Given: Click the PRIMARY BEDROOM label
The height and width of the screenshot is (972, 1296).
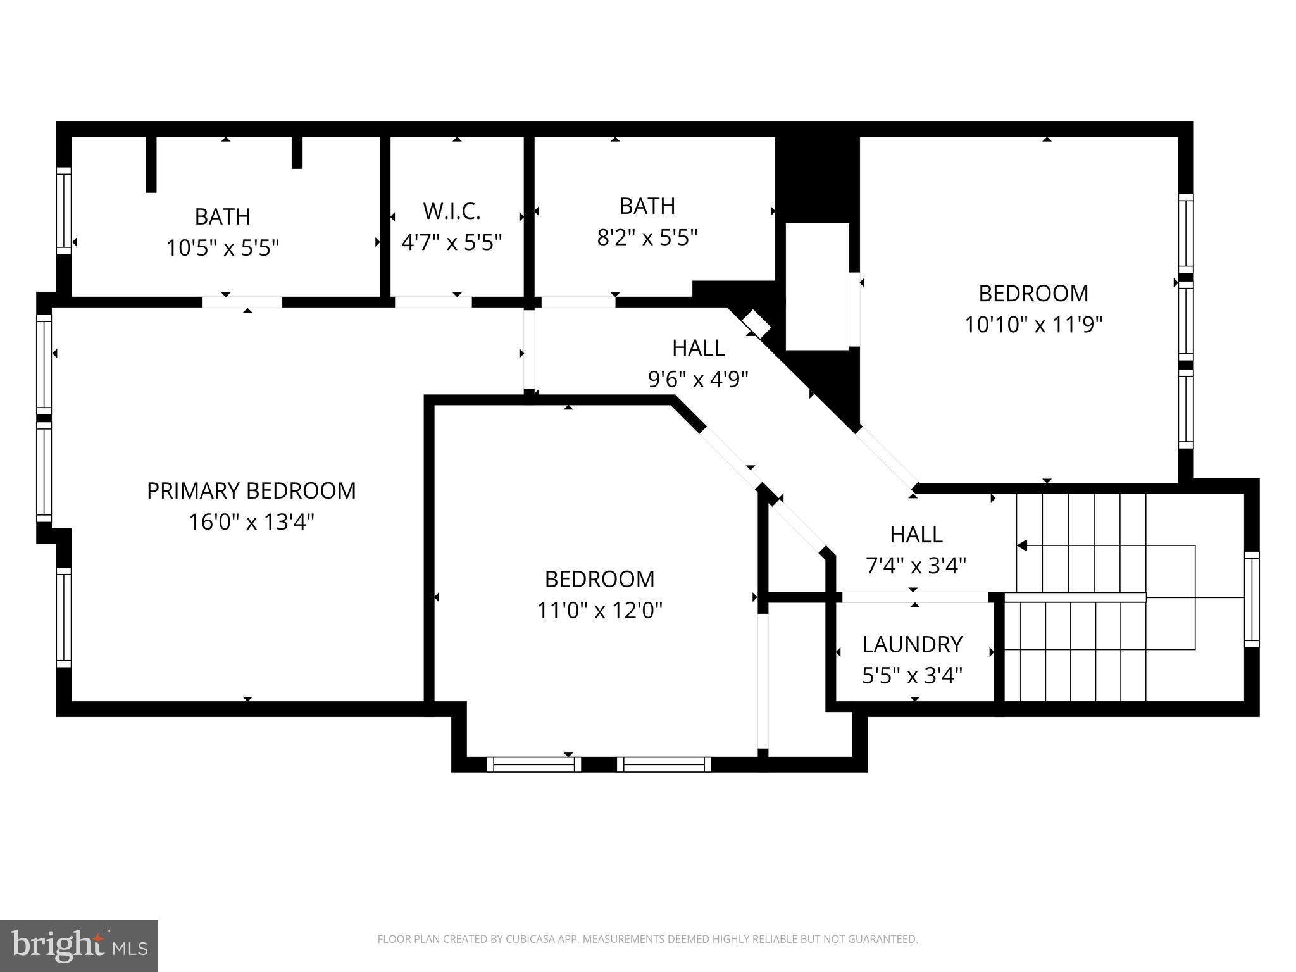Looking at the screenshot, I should point(251,491).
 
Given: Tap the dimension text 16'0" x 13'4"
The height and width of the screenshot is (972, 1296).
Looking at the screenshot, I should point(251,523).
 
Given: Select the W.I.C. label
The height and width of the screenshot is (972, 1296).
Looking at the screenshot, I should point(451,211).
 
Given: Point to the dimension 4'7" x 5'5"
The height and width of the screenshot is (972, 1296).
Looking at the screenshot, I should point(451,242).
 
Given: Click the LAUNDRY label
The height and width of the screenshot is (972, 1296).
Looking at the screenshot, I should point(912,644).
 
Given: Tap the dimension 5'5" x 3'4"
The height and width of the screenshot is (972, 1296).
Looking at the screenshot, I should point(912,676).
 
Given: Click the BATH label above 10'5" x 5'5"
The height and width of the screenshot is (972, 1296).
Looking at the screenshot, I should point(222,216).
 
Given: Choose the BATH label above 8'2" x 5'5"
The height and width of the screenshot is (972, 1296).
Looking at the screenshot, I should point(647,206).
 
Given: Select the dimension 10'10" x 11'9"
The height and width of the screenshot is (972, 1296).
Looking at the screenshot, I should point(1033,325).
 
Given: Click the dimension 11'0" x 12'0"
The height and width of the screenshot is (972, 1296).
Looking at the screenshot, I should point(599,611).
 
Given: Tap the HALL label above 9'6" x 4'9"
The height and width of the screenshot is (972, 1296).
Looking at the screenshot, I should point(698,348).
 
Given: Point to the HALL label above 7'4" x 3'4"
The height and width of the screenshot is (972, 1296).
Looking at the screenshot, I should point(916,535).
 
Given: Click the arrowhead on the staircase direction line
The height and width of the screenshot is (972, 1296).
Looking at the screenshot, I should point(1021,545).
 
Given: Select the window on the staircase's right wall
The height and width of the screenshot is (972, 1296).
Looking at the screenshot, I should point(1251,599).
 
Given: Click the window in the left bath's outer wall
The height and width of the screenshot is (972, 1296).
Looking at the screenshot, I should point(64,211).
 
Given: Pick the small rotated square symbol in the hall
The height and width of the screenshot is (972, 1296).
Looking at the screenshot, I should point(756,324).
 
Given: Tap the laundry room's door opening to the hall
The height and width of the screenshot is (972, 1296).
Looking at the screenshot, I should point(914,597).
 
